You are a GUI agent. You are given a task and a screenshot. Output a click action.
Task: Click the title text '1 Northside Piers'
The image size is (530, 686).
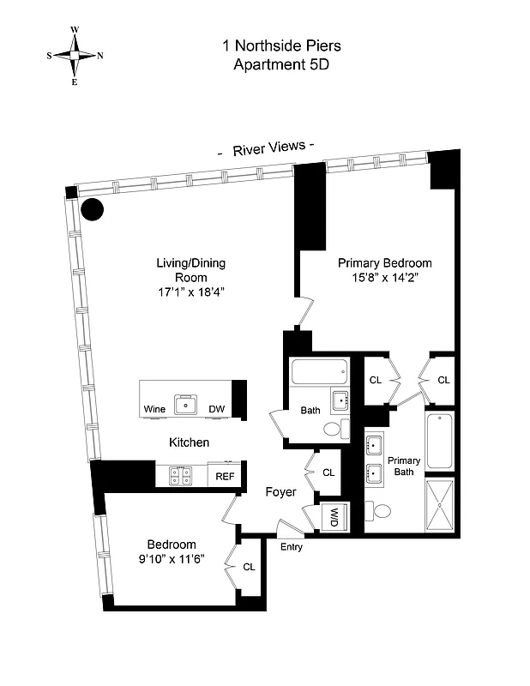click(x=271, y=45)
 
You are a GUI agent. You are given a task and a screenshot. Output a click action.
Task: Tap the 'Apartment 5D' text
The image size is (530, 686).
click(x=271, y=64)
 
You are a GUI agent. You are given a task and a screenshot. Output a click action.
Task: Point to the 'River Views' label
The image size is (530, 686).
click(x=267, y=147)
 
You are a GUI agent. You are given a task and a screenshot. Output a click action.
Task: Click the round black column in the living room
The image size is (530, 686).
click(x=92, y=208)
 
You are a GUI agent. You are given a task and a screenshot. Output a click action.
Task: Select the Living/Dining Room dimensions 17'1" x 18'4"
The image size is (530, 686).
click(x=190, y=292)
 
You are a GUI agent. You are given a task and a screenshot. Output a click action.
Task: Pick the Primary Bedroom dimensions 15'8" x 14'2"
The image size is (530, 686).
click(x=383, y=278)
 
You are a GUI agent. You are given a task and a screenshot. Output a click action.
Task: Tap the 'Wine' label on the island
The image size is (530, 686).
click(x=155, y=409)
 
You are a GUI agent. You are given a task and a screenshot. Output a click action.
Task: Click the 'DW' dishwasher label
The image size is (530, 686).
click(x=218, y=409)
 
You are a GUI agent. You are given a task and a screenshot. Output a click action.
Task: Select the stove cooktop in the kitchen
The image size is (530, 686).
click(x=181, y=475)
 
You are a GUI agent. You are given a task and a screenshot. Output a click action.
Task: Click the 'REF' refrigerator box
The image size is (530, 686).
click(x=225, y=476)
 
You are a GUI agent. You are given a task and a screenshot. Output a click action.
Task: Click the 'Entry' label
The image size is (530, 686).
click(x=291, y=545)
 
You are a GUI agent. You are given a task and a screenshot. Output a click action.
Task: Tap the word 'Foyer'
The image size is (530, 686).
click(x=280, y=492)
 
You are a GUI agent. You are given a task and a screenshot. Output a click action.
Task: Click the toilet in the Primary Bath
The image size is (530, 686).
click(x=380, y=511)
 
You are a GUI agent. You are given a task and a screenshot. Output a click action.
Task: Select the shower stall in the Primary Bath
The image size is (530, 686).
click(x=439, y=505)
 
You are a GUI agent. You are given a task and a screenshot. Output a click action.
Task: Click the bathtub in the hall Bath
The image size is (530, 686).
click(x=319, y=372)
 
